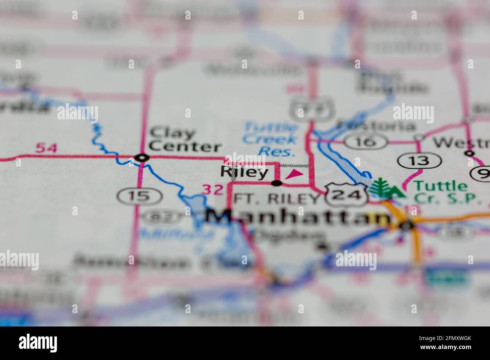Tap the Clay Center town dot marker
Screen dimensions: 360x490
pos(142,157)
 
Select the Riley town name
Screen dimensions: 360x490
pos(244,172)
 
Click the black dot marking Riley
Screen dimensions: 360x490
pos(277,183)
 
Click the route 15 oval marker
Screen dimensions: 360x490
pos(139,196)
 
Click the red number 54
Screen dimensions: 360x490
pos(47,148)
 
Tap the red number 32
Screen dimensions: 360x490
pos(213,189)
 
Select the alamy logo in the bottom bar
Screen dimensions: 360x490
pos(38,343)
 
